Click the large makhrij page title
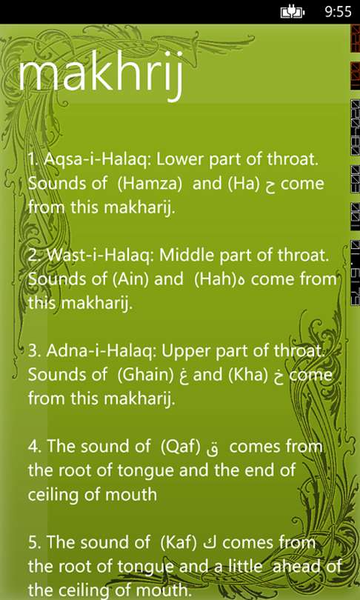[99, 78]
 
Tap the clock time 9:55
[338, 12]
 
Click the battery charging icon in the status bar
[293, 13]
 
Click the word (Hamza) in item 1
[150, 184]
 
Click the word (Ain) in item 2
[130, 279]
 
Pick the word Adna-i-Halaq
[101, 351]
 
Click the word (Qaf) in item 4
[180, 447]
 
